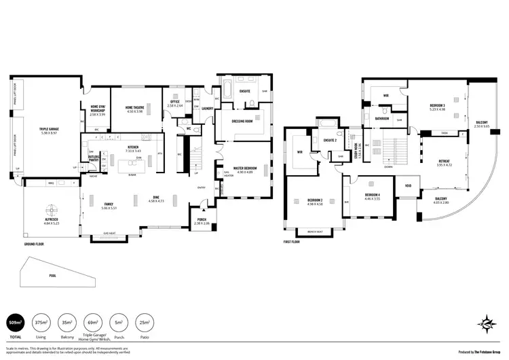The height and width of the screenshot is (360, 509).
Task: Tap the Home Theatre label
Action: point(138,109)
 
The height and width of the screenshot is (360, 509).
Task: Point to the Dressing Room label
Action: point(242,122)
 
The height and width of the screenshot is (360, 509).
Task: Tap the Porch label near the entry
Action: point(202,221)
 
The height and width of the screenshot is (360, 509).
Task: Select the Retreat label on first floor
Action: point(443,162)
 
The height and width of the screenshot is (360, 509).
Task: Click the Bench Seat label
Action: point(314,232)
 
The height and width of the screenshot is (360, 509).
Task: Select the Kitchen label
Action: point(134,148)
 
